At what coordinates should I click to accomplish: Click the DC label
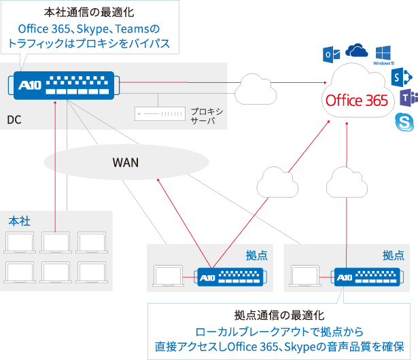pyautogui.click(x=15, y=120)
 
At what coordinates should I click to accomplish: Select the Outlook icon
pyautogui.click(x=331, y=54)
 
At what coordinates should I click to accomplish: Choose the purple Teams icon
pyautogui.click(x=407, y=98)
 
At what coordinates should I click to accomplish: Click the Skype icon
pyautogui.click(x=405, y=123)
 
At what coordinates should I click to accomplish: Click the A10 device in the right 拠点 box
pyautogui.click(x=368, y=278)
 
